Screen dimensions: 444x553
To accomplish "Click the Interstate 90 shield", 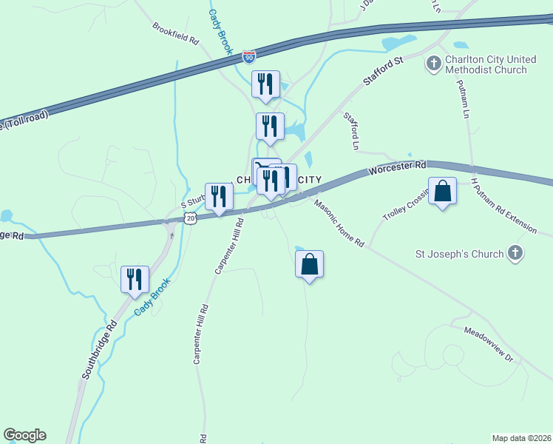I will click(x=249, y=56).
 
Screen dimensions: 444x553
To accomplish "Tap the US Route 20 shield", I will click(x=191, y=218).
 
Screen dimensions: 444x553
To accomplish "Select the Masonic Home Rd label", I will click(x=339, y=223).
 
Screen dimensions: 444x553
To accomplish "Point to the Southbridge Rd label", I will click(x=100, y=350).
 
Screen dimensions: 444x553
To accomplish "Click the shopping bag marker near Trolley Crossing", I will click(x=442, y=192).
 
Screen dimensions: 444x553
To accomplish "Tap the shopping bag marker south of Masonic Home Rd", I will click(x=310, y=264).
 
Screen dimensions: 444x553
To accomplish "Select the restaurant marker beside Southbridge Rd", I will click(x=135, y=280).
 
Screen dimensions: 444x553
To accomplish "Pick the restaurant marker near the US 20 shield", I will click(x=219, y=196).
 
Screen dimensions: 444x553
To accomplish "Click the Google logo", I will click(x=24, y=435).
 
